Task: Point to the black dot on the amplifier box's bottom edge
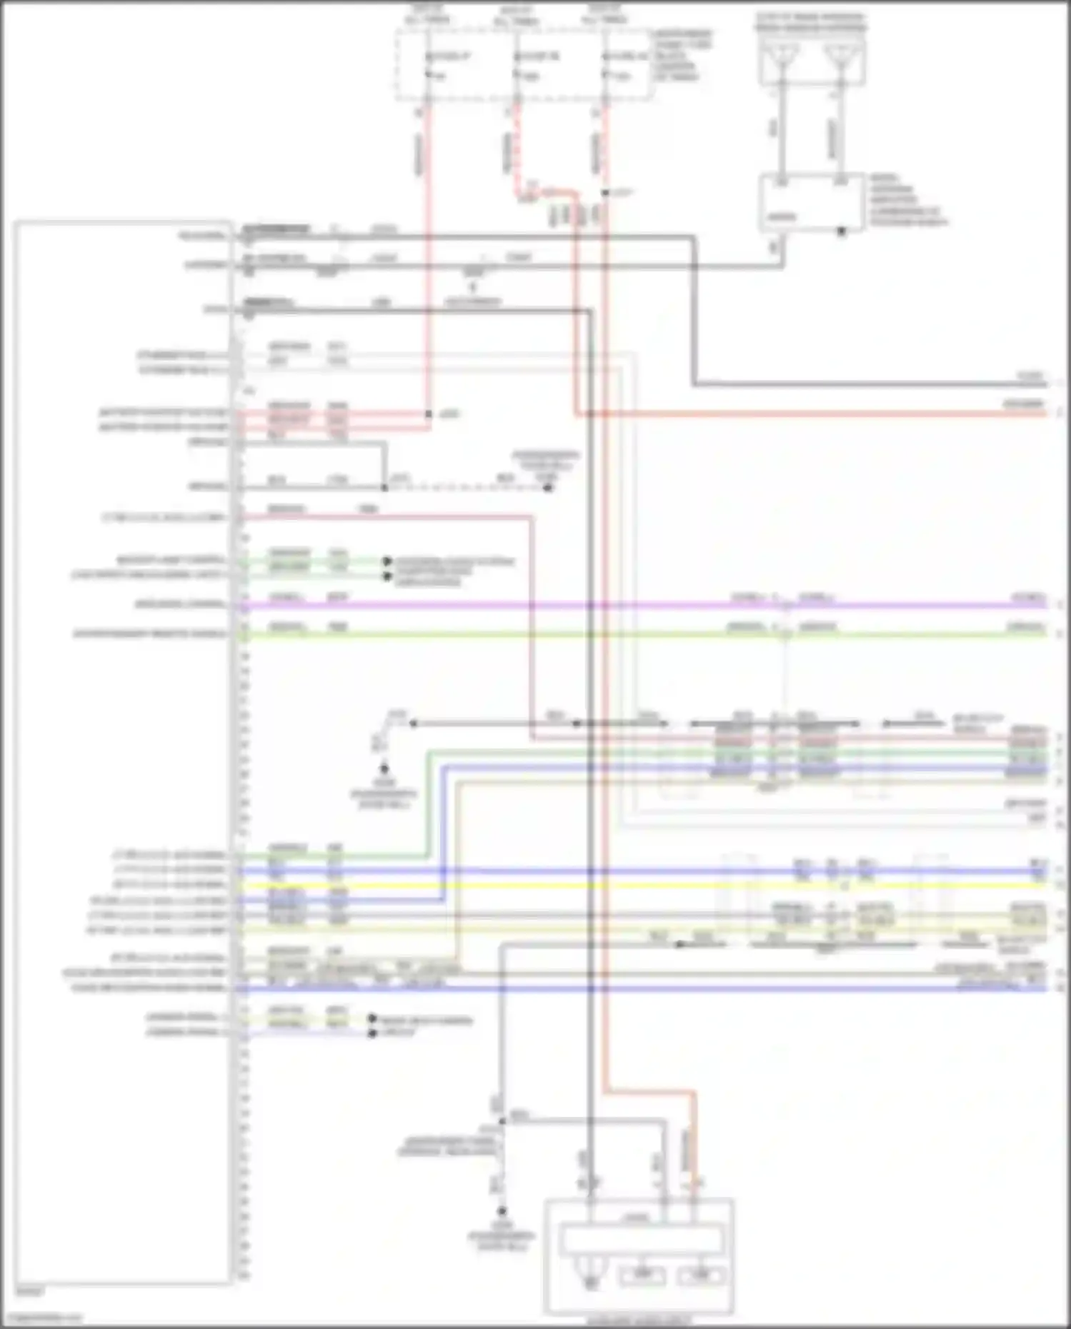[841, 231]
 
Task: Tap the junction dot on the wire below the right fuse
[604, 193]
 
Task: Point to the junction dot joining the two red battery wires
[429, 414]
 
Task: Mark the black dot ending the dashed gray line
[548, 488]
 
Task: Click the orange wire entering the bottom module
[692, 1143]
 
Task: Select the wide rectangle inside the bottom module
[641, 1240]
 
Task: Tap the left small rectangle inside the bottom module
[642, 1275]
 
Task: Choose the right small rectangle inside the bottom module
[702, 1275]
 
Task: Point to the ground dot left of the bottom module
[502, 1211]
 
